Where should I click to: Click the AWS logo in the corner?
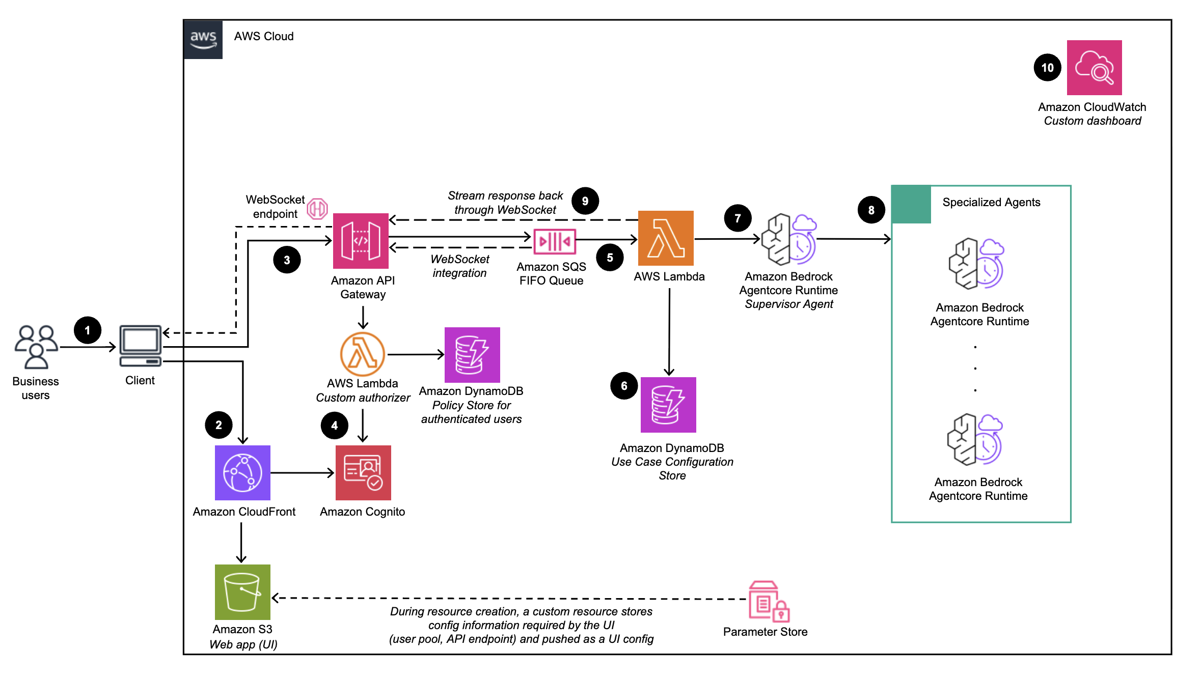click(203, 40)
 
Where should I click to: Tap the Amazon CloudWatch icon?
click(1094, 68)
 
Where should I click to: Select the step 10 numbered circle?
click(1047, 68)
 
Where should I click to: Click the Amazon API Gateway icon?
click(361, 241)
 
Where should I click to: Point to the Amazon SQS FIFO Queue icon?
click(554, 241)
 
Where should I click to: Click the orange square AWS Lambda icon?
click(666, 238)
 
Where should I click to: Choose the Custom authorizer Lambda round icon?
click(362, 354)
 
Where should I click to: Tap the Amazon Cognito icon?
click(363, 472)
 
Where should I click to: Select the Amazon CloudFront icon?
click(242, 472)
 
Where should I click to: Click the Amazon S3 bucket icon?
click(242, 592)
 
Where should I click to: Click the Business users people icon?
click(36, 347)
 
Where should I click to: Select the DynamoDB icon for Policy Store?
click(472, 355)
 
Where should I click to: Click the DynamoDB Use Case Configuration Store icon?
click(668, 405)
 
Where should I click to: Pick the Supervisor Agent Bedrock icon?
click(788, 239)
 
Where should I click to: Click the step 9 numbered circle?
click(585, 201)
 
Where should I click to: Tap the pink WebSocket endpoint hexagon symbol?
click(317, 209)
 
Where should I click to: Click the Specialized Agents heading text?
click(991, 202)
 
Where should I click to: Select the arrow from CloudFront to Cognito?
click(302, 473)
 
